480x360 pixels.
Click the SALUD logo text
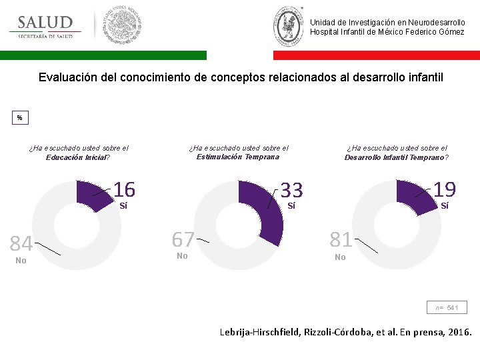(45, 23)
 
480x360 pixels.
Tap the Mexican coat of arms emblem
(121, 25)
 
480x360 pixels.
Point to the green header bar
(103, 55)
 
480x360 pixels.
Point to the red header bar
(376, 55)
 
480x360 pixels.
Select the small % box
(19, 118)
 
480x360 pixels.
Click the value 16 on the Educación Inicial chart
(124, 190)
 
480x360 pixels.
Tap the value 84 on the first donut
(21, 243)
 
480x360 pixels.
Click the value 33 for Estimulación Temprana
(291, 191)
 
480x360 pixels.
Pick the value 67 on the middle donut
(183, 239)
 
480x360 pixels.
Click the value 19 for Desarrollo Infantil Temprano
(445, 190)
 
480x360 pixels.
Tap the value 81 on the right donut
(341, 239)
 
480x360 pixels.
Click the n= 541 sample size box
(447, 307)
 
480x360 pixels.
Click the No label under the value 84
(21, 261)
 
